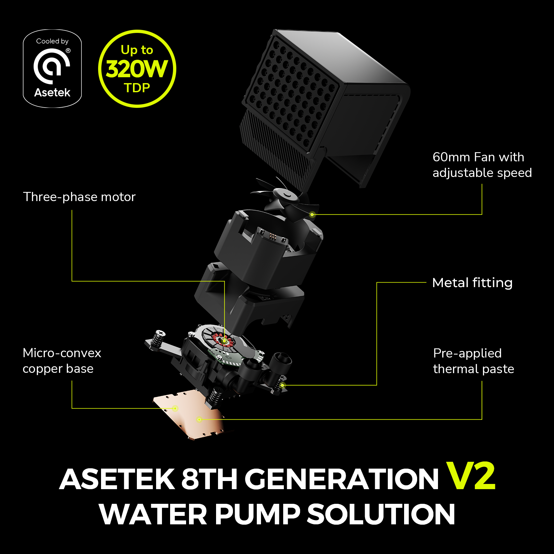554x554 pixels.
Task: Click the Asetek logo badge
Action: [x=52, y=68]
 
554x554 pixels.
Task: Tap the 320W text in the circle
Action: [x=137, y=69]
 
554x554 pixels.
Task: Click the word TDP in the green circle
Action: [x=137, y=88]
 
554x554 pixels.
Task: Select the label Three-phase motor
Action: [x=79, y=197]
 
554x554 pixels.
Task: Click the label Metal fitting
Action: [x=472, y=283]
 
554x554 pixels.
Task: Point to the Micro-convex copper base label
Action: [x=62, y=361]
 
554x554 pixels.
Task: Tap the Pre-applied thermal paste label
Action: [x=474, y=361]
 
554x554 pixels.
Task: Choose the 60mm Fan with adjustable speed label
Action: [x=482, y=165]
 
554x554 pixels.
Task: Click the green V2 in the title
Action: [x=471, y=476]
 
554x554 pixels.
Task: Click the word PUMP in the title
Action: [x=257, y=514]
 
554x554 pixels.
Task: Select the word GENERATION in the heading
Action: [x=342, y=479]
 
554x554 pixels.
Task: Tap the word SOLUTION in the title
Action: [x=381, y=514]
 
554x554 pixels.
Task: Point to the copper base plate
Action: [x=189, y=417]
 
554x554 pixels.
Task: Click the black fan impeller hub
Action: [x=287, y=195]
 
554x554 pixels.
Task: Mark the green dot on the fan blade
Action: [x=312, y=214]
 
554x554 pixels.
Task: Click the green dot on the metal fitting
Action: [x=283, y=385]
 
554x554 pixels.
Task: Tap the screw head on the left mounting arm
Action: [x=160, y=333]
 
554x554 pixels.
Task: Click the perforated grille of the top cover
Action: [x=290, y=95]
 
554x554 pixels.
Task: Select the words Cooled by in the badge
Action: [x=52, y=41]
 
